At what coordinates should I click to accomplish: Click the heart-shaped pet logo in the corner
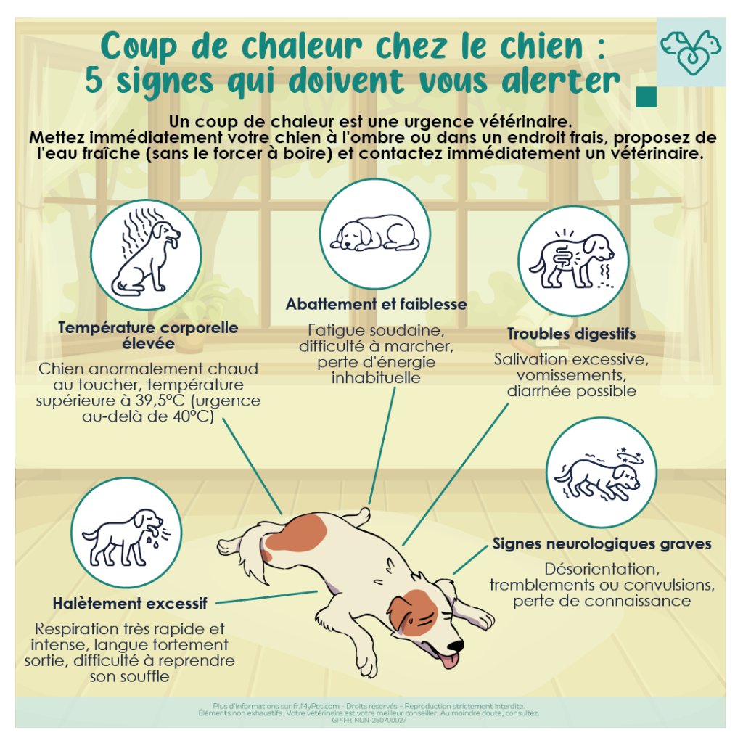[691, 52]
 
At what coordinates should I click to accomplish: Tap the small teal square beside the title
[646, 97]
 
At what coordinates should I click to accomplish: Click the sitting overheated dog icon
[146, 255]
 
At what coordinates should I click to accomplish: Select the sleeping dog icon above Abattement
[375, 234]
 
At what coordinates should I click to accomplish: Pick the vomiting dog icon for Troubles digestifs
[573, 260]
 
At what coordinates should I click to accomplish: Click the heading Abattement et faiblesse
[377, 304]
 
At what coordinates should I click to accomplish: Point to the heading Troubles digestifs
[572, 334]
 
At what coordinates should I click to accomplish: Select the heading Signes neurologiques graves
[602, 544]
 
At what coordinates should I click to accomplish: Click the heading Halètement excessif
[130, 603]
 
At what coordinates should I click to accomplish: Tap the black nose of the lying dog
[456, 645]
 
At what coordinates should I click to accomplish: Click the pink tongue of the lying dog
[449, 660]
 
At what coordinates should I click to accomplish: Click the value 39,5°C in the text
[160, 401]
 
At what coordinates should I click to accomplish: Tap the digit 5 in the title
[94, 81]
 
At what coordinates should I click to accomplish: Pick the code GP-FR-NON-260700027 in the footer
[369, 721]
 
